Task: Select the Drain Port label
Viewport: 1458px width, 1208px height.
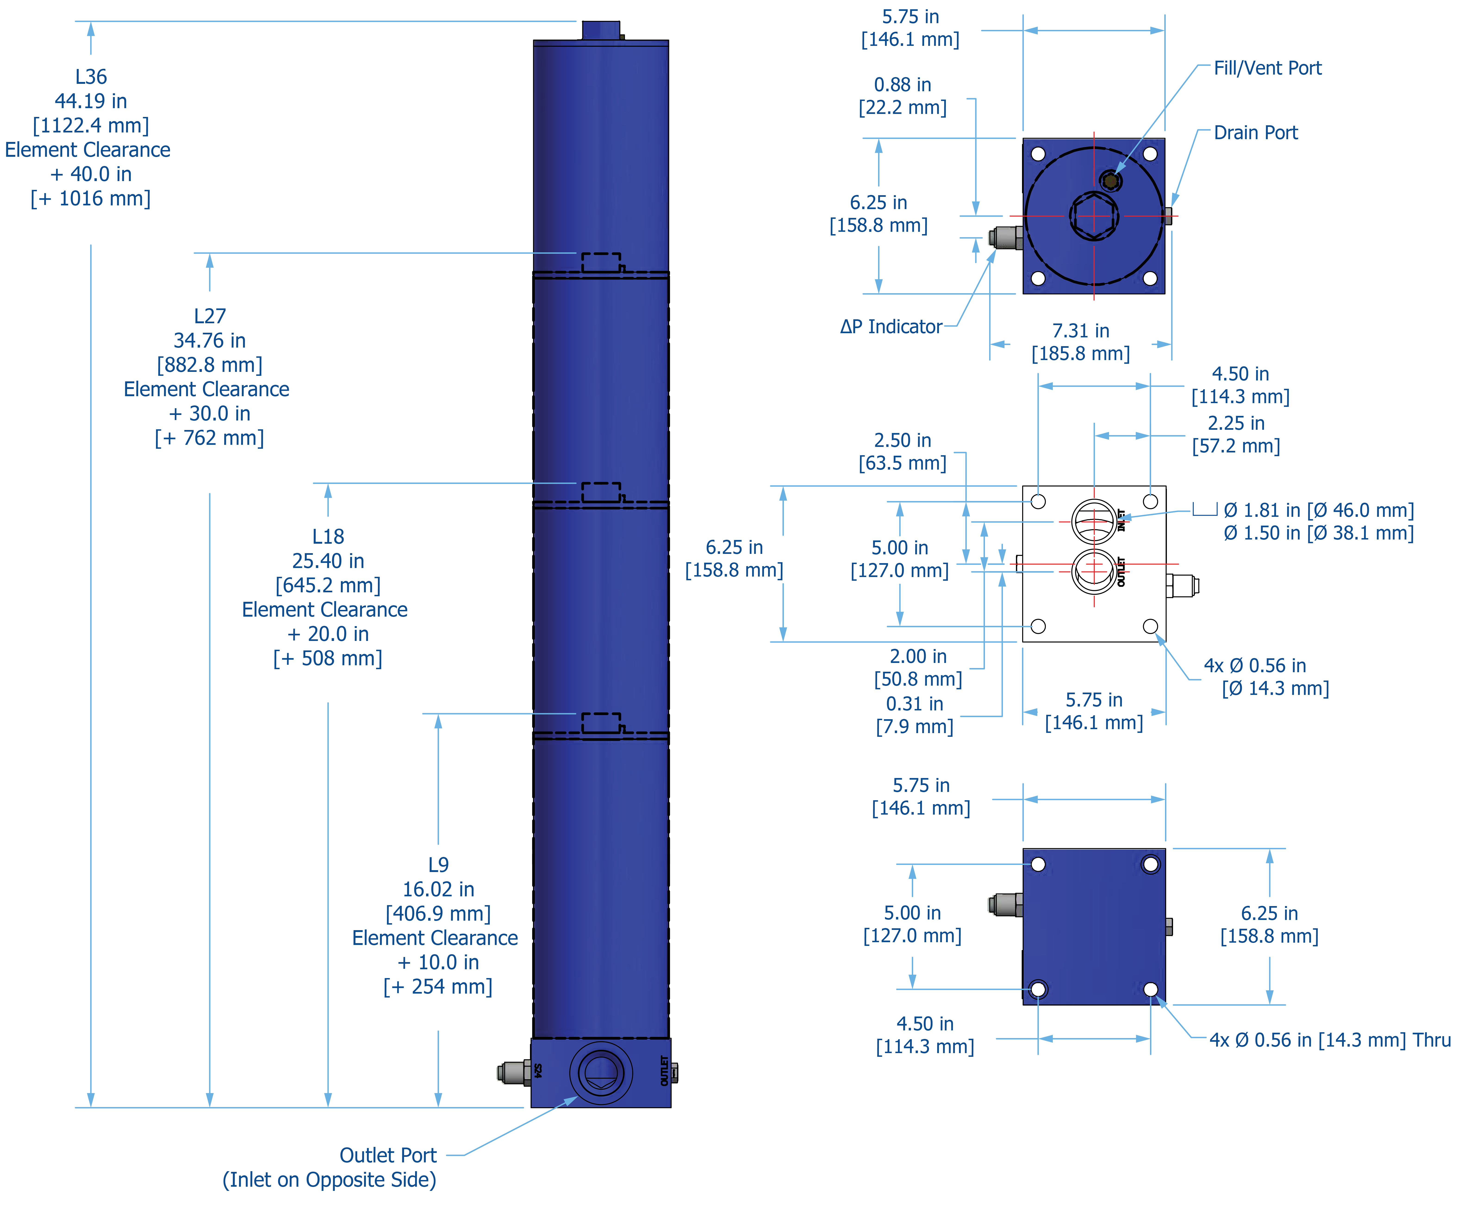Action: coord(1255,133)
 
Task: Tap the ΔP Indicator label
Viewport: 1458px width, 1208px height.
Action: coord(891,326)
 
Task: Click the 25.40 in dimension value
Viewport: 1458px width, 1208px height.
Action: coord(328,561)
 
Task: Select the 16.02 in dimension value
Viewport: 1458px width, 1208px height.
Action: coord(438,889)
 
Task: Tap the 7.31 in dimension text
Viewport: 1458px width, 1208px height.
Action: coord(1080,331)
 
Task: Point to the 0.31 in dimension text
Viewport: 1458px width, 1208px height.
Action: coord(914,704)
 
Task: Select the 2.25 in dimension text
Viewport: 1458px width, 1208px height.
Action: coord(1236,423)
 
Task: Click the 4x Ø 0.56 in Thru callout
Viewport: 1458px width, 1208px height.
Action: coord(1330,1040)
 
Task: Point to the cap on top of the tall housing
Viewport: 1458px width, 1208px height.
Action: coord(601,31)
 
